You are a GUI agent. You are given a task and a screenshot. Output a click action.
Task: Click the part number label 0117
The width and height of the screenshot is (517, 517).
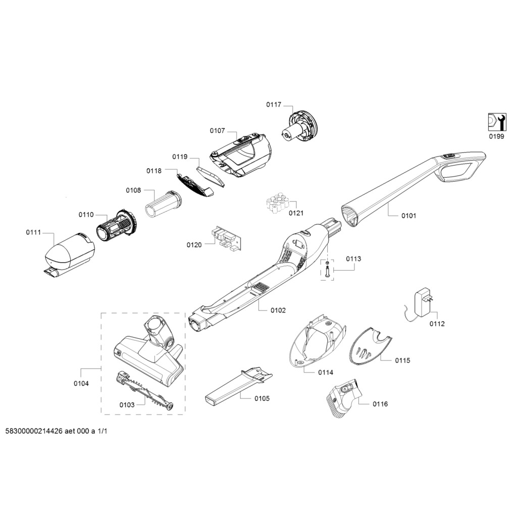click(274, 105)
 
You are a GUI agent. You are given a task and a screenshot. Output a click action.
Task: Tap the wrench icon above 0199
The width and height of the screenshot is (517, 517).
click(497, 122)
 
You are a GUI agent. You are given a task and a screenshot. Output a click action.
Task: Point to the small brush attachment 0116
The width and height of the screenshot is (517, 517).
click(344, 398)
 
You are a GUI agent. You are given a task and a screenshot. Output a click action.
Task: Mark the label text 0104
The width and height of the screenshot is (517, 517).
click(81, 384)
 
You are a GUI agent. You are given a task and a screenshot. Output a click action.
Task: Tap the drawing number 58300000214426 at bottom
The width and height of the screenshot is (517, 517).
click(34, 431)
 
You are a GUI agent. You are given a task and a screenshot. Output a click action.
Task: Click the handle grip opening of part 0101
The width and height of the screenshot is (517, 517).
click(456, 171)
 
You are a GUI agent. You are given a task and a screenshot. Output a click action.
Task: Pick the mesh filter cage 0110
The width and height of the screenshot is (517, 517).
click(117, 224)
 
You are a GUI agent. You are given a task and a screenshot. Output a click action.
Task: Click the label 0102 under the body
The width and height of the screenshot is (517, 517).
click(278, 311)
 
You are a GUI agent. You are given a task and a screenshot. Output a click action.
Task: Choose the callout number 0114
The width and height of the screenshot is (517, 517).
click(326, 372)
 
